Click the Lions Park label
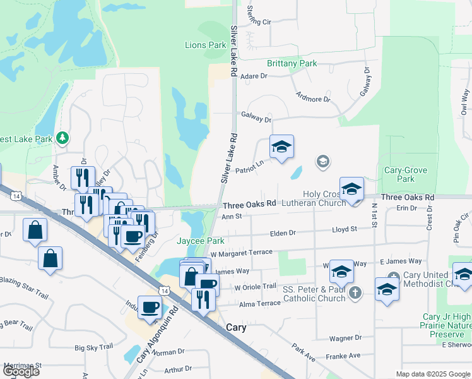pyautogui.click(x=205, y=45)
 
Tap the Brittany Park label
pyautogui.click(x=292, y=64)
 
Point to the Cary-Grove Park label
pyautogui.click(x=406, y=175)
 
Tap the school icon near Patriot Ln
pyautogui.click(x=281, y=148)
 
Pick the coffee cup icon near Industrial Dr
pyautogui.click(x=150, y=308)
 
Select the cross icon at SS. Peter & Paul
pyautogui.click(x=356, y=292)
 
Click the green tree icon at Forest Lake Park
pyautogui.click(x=62, y=138)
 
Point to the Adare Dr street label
pyautogui.click(x=254, y=76)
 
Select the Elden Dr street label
pyautogui.click(x=283, y=233)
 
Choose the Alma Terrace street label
pyautogui.click(x=259, y=304)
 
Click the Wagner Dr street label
pyautogui.click(x=345, y=339)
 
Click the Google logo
pyautogui.click(x=21, y=371)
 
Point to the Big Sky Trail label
pyautogui.click(x=93, y=347)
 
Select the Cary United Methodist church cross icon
pyautogui.click(x=393, y=276)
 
